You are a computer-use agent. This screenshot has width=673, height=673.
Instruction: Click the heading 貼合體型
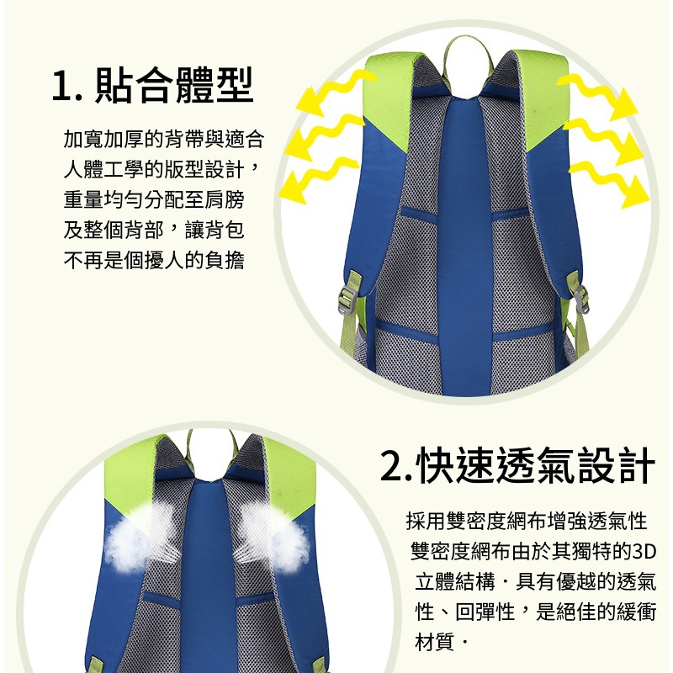click(173, 86)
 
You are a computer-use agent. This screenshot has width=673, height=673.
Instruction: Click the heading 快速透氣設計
click(536, 465)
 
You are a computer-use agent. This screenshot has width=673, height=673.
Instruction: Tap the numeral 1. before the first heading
click(67, 87)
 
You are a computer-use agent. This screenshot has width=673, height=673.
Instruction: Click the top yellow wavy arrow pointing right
click(597, 96)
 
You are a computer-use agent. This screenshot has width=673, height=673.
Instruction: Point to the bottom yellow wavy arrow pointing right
click(609, 184)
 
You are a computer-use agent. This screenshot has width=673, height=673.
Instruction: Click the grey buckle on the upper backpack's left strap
click(347, 299)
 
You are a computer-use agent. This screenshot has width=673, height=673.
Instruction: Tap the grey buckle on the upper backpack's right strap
click(580, 299)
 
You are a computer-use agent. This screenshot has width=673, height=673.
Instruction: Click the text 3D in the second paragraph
click(644, 552)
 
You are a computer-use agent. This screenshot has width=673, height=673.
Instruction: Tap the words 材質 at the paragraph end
click(434, 642)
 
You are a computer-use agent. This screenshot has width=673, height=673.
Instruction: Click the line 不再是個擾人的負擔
click(154, 260)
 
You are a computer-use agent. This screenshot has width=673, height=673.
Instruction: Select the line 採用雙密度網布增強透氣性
click(527, 522)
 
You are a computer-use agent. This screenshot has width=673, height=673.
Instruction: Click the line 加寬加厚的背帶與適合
click(163, 139)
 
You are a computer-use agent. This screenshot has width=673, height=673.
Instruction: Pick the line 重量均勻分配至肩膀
click(154, 199)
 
